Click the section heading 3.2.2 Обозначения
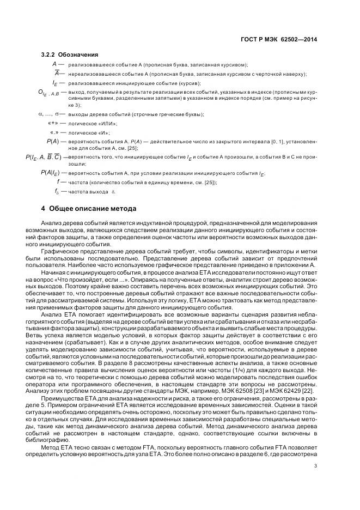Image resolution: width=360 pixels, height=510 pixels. click(x=70, y=54)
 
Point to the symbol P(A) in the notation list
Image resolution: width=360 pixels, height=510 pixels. click(x=53, y=141)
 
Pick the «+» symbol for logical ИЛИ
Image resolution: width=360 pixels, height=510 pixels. click(x=53, y=124)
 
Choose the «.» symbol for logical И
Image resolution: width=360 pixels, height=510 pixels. click(x=54, y=132)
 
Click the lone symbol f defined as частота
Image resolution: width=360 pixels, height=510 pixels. click(x=57, y=182)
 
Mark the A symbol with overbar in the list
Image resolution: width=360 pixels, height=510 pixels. click(x=56, y=73)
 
